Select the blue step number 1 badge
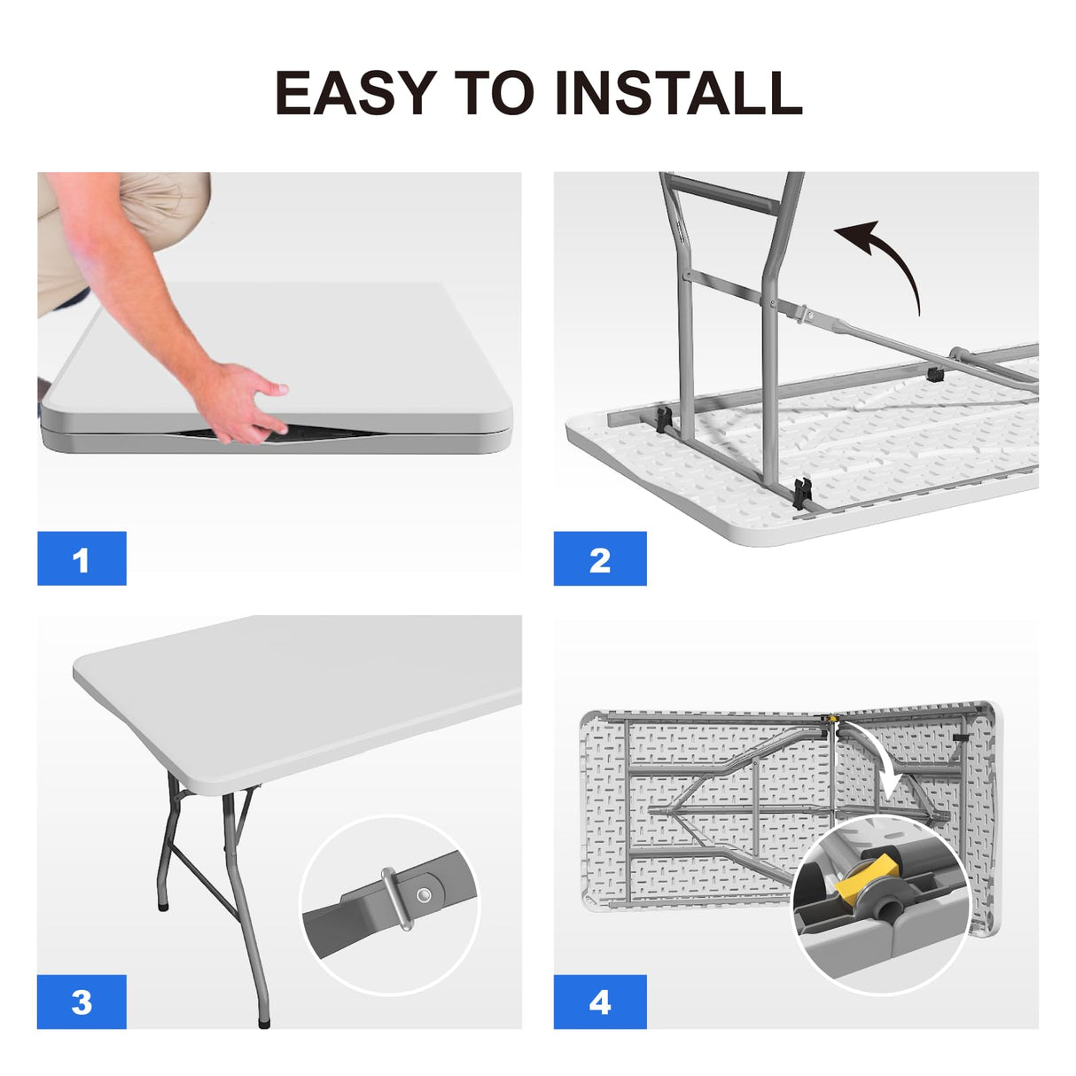tap(82, 558)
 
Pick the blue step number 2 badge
tap(600, 558)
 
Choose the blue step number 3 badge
tap(82, 1002)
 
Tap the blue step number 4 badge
tap(600, 1002)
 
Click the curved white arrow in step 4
tap(883, 759)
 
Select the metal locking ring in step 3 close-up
tap(395, 899)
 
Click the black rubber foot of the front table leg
tap(263, 1022)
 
